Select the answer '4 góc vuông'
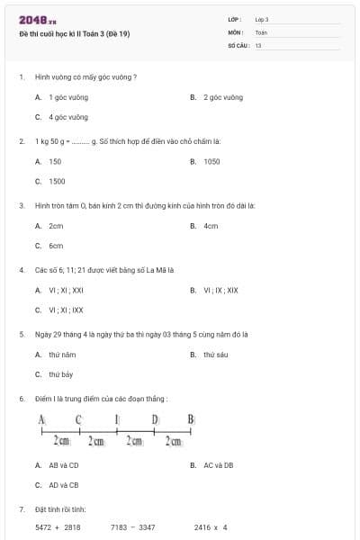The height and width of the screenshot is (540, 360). coord(68,117)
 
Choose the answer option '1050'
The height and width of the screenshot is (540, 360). coord(211,161)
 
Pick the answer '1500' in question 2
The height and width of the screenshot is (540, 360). coord(57,181)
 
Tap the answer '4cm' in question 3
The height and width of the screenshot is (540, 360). coord(211,226)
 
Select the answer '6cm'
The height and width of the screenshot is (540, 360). coord(56,246)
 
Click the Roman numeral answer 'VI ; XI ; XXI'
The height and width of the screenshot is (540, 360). coord(66,290)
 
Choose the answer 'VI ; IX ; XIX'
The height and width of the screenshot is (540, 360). coord(220,290)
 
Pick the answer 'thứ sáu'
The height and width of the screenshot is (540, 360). coord(215,355)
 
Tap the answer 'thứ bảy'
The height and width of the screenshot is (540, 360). coord(61,374)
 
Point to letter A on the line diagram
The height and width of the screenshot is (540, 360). coord(41,419)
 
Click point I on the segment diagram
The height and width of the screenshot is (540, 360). coord(117,419)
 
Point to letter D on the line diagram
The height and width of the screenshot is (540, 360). coord(155,419)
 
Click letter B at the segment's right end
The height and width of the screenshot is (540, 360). coord(191,419)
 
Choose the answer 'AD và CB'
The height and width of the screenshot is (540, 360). coord(63,485)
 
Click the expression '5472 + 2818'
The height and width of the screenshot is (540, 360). coord(58,527)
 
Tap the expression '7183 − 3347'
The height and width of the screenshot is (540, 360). coord(132,527)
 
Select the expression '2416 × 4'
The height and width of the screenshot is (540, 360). coord(211,527)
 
